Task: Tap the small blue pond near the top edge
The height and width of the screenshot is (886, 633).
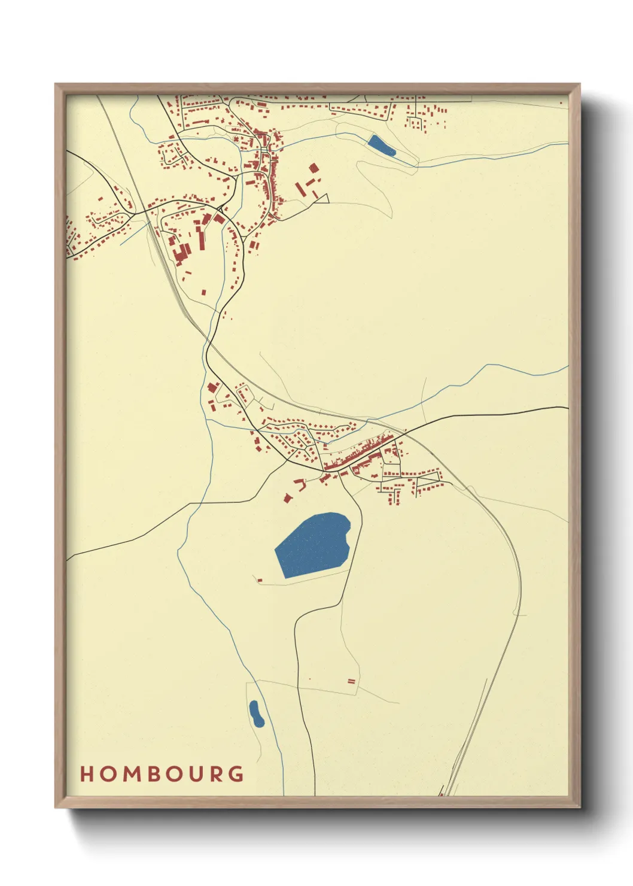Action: (x=381, y=145)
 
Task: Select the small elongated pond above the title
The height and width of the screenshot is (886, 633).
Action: (x=256, y=714)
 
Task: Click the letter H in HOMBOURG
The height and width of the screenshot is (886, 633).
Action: (x=87, y=774)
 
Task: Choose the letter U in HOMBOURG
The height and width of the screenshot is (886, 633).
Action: (x=194, y=774)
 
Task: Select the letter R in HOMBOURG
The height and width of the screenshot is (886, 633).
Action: (x=215, y=774)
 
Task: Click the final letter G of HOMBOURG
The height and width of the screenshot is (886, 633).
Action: (x=237, y=774)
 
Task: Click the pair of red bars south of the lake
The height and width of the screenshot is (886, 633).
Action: (x=352, y=681)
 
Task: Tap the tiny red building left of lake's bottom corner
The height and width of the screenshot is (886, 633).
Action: (x=260, y=579)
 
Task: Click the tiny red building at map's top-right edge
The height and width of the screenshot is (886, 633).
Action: (x=561, y=103)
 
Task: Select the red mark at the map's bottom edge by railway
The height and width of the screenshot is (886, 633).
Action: (x=442, y=793)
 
